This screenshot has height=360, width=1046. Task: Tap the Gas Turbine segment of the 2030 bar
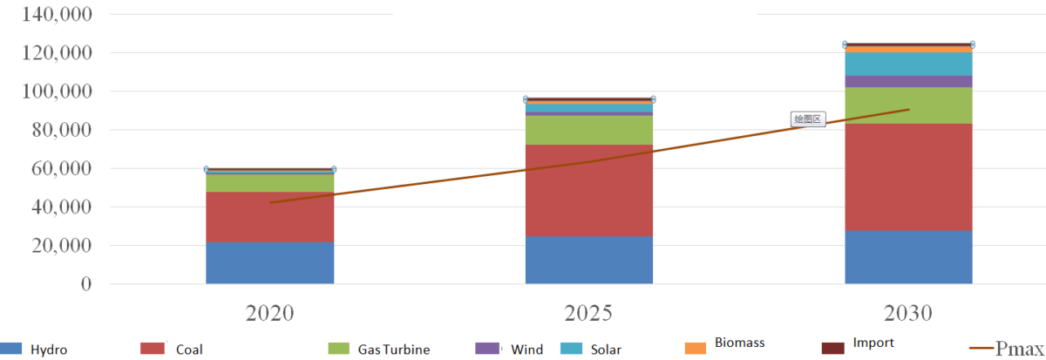pos(908,105)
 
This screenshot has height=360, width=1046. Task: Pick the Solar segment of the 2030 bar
pos(908,64)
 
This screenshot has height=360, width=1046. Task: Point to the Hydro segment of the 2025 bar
pos(588,260)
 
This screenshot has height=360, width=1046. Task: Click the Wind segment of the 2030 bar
pos(908,81)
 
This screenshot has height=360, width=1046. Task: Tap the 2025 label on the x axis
pos(588,313)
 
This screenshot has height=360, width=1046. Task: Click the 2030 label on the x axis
pos(908,313)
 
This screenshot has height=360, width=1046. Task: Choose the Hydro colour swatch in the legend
pos(10,349)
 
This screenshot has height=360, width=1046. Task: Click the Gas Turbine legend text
pos(393,350)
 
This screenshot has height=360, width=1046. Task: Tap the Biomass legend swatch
pos(695,349)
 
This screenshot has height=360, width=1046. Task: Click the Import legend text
pos(873,343)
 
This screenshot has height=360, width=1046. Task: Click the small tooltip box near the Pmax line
pos(807,119)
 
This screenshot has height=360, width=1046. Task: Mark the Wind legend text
pos(526,350)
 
